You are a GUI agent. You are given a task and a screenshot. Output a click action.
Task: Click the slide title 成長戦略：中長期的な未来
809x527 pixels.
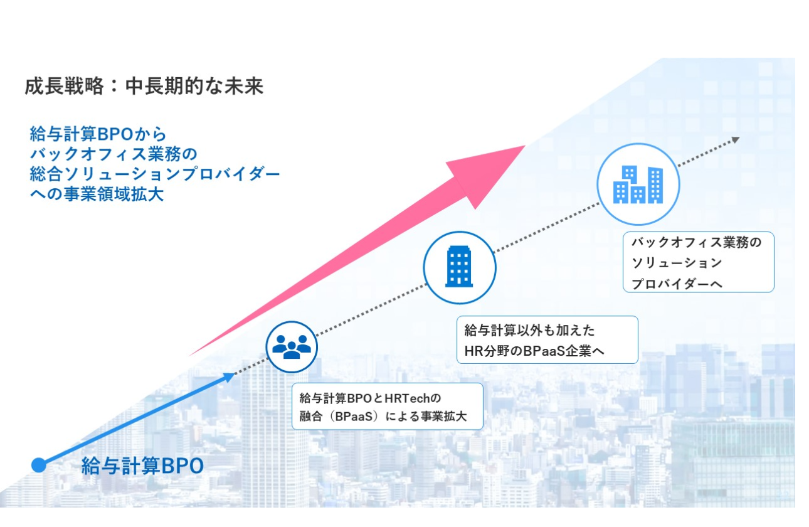[144, 87]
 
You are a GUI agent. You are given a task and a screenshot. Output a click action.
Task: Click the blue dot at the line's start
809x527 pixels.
[39, 465]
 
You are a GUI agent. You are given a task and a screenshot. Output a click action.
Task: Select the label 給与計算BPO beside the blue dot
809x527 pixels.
[142, 466]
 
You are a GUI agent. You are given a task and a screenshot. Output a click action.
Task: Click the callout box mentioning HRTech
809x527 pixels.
[387, 407]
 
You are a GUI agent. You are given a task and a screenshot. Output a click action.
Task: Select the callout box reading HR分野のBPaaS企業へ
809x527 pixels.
[547, 339]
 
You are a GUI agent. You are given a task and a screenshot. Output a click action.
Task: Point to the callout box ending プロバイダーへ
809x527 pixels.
[699, 262]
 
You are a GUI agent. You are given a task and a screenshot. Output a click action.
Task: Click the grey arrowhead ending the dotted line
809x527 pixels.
[736, 140]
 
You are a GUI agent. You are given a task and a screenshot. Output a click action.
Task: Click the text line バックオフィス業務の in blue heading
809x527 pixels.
[114, 154]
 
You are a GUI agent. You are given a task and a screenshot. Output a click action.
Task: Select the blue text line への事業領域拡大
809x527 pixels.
[97, 194]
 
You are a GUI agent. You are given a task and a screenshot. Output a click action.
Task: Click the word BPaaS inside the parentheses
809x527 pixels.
[354, 417]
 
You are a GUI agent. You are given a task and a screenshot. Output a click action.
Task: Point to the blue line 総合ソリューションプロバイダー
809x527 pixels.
[155, 174]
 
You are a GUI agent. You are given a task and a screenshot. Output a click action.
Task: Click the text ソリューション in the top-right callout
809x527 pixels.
[677, 263]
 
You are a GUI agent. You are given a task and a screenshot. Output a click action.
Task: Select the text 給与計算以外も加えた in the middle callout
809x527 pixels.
[529, 330]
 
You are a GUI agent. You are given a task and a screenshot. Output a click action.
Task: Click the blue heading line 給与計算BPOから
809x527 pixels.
[98, 134]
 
